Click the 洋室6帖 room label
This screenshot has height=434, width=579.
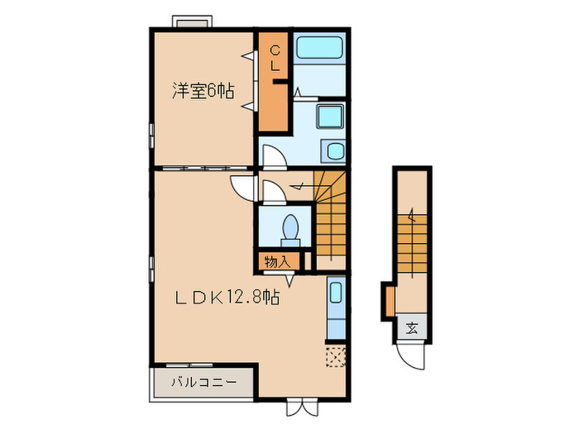click(x=202, y=90)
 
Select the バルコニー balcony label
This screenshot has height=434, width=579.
click(x=203, y=383)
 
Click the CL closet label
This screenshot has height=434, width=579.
click(x=276, y=59)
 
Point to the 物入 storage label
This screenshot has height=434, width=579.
click(x=277, y=261)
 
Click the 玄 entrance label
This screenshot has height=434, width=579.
click(x=411, y=327)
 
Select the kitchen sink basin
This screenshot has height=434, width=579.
click(x=335, y=294)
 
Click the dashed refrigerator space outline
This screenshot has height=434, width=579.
click(x=336, y=355)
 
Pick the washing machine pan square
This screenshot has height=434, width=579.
click(x=333, y=117)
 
